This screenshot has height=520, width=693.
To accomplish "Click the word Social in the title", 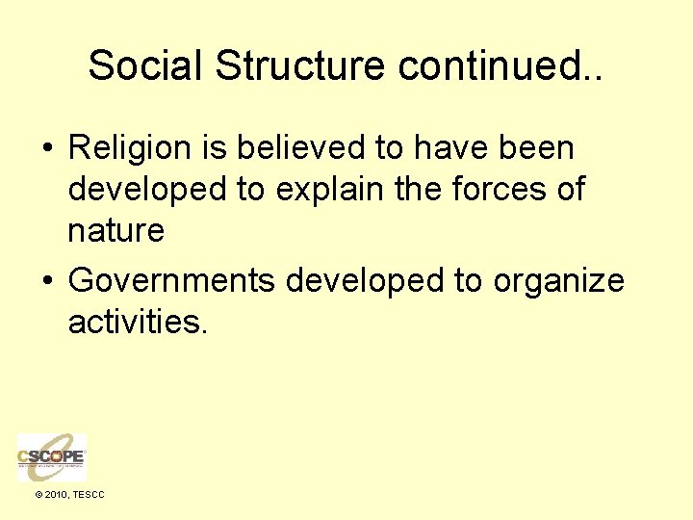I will tap(145, 65).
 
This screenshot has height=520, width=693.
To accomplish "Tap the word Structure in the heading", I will tap(300, 65).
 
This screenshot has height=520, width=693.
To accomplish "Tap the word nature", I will tap(115, 232).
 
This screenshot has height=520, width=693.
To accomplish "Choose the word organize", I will tap(558, 281).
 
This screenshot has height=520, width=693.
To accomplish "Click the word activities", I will tap(137, 322).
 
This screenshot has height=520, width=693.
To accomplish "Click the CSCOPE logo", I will tap(52, 456).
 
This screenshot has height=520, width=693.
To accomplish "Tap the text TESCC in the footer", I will tap(89, 495).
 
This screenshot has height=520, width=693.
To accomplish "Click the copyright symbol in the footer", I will tap(38, 495).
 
